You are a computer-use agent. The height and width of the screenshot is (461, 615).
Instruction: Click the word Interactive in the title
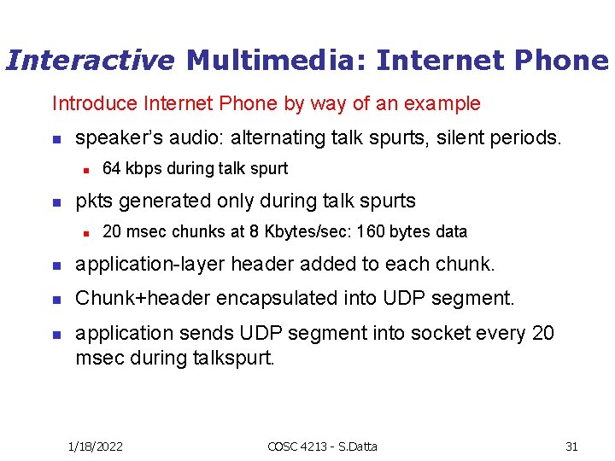[90, 60]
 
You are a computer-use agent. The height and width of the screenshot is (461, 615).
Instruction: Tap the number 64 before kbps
[111, 168]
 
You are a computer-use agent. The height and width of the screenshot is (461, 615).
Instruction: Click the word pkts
[93, 201]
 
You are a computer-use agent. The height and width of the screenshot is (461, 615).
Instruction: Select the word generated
[160, 201]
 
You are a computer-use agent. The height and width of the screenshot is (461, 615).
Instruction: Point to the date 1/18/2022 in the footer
[95, 446]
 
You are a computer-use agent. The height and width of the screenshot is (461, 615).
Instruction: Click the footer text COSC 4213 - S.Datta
[322, 446]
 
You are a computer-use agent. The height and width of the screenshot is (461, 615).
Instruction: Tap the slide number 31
[571, 446]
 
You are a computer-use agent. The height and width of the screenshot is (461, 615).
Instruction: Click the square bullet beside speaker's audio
[56, 137]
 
